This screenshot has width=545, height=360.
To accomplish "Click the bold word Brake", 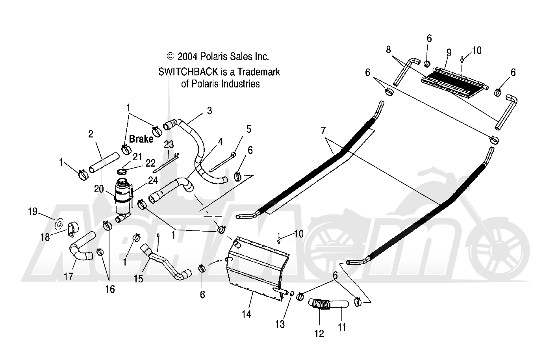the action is coord(141,139).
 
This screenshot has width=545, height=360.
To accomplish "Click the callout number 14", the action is coord(246,314).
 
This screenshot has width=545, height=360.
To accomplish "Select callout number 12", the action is coord(319,334).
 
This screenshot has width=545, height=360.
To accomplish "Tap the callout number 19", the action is coord(33,212).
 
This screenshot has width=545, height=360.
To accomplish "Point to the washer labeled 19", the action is coord(59,223).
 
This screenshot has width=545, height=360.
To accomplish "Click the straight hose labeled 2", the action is coord(104,163).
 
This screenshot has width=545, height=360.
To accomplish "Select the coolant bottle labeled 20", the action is coord(123,200).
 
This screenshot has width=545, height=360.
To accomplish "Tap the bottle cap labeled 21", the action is coord(122,172).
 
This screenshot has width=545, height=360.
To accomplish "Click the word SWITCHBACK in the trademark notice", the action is coord(188,72).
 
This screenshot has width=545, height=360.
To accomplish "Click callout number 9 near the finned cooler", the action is coord(449,52).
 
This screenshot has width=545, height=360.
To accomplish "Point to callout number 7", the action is coord(323,131).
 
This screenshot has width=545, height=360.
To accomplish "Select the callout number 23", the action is coord(169,145).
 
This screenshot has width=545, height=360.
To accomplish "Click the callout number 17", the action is coord(69,276).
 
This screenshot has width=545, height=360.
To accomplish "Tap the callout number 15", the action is coord(139,279).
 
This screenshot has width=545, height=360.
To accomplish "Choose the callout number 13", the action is coord(280,324).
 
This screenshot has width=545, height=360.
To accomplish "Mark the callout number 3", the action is coord(209,111).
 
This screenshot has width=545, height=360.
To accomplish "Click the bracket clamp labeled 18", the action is coord(72,229).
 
